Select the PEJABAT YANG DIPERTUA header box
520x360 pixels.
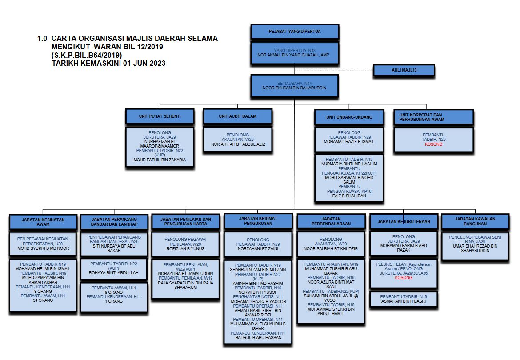point(295,32)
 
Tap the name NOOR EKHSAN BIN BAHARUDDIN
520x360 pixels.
point(295,88)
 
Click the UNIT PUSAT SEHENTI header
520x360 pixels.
point(160,116)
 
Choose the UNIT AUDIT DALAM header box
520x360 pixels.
point(237,116)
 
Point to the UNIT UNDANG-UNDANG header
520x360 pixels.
point(349,117)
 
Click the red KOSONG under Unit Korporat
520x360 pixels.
point(433,144)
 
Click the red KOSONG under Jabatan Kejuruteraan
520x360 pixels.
point(404,278)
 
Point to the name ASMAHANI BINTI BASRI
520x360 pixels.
point(404,301)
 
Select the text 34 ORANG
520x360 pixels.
point(43,300)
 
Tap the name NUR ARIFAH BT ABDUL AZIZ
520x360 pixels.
point(237,144)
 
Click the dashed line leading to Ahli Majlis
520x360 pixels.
point(333,70)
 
